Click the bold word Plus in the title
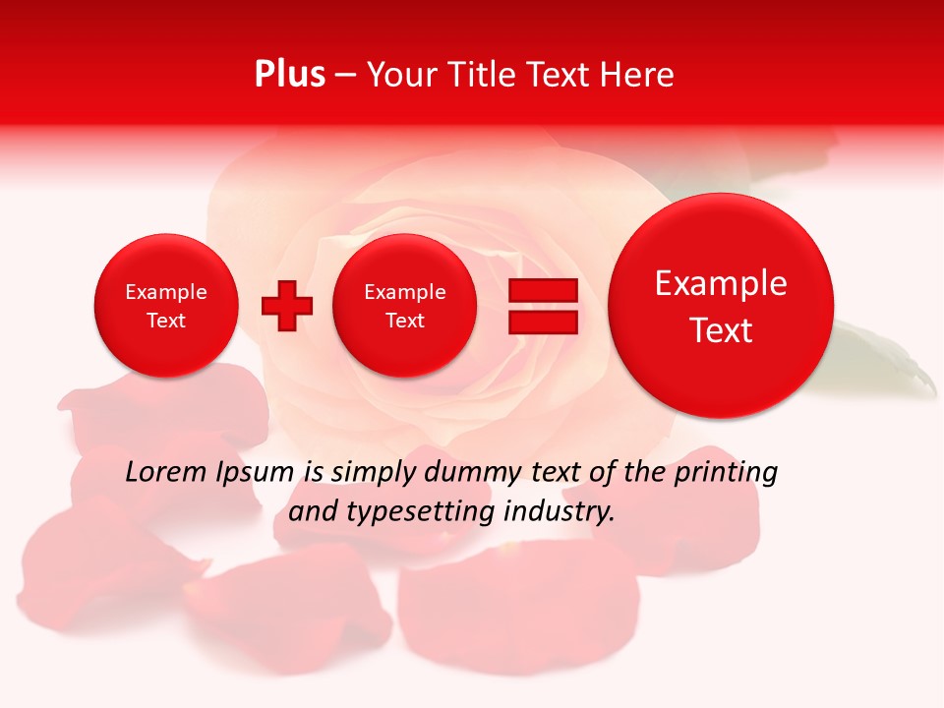[x=289, y=75]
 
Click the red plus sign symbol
[x=287, y=306]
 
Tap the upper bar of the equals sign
[x=543, y=291]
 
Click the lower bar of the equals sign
[x=543, y=322]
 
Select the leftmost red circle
[x=166, y=306]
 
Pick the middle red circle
[x=405, y=306]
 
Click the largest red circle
[x=721, y=306]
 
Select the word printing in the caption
[x=727, y=473]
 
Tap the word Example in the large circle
[x=721, y=283]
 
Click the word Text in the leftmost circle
[x=166, y=321]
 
